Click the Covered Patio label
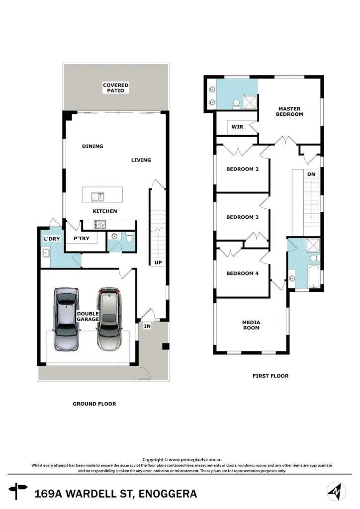point(116,88)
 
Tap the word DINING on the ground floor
point(92,146)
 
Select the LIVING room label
point(141,160)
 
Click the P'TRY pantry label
point(81,239)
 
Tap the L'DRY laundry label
point(52,239)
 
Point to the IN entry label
point(147,326)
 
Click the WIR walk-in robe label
point(237,127)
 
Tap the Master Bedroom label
point(290,111)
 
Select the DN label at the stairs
point(311,174)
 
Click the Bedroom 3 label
point(242,217)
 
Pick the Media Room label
point(251,325)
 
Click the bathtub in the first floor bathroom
point(315,277)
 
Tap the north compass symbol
point(337,492)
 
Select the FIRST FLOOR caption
point(270,376)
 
